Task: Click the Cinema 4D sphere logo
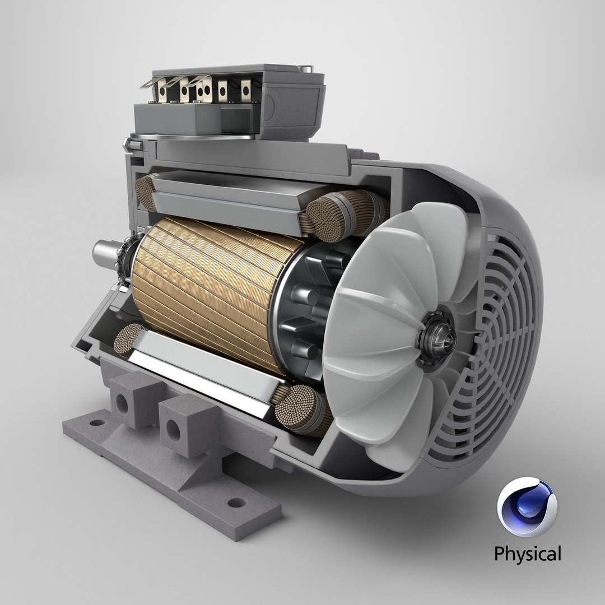[x=527, y=507]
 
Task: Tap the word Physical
[x=527, y=554]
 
